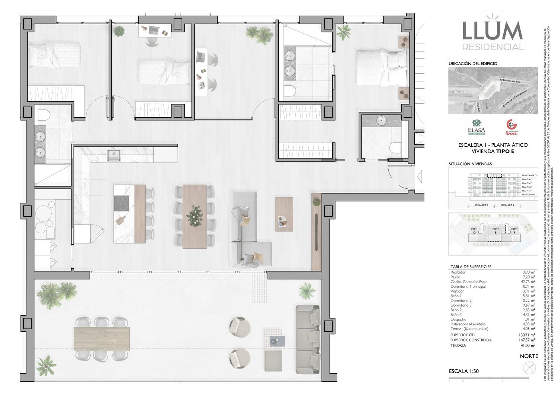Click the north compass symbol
[528, 368]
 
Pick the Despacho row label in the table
[459, 319]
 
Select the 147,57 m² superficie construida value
[527, 340]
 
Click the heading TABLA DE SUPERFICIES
[471, 267]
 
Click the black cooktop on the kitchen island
[122, 203]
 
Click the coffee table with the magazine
[284, 214]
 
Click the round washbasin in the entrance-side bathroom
[382, 121]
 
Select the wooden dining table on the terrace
[102, 338]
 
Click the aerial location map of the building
[493, 90]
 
